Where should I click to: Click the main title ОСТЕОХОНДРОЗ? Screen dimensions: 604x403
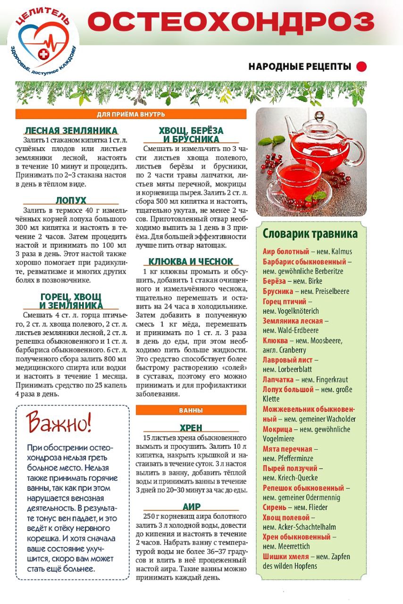230,22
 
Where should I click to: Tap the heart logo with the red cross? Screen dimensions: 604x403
43,44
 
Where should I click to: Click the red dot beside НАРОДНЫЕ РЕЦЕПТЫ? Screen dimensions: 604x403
361,67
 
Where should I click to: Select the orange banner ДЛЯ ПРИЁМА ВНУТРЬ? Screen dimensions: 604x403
131,114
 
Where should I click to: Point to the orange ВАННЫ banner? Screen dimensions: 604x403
191,410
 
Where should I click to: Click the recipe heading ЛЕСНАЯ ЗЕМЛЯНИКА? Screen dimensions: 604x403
71,131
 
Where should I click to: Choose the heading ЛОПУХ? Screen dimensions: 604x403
71,200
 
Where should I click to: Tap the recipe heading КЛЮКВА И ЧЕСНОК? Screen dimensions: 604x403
191,261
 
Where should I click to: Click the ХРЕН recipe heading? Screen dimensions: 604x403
191,428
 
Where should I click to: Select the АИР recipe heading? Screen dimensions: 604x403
191,507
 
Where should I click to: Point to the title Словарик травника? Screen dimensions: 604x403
310,234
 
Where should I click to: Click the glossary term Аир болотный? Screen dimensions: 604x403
285,252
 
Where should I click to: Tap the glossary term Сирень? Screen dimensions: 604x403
274,507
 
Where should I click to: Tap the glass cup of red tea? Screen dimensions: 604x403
297,182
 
